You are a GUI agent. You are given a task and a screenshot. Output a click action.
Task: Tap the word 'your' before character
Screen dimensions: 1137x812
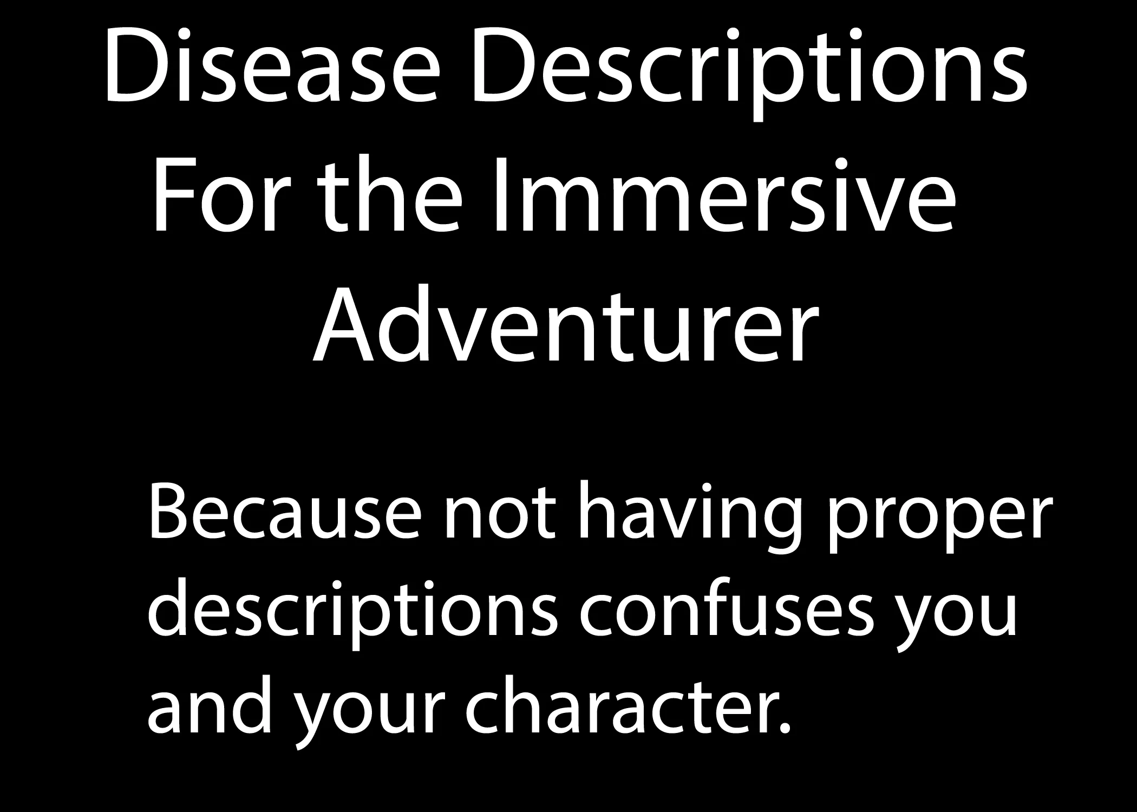point(371,717)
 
